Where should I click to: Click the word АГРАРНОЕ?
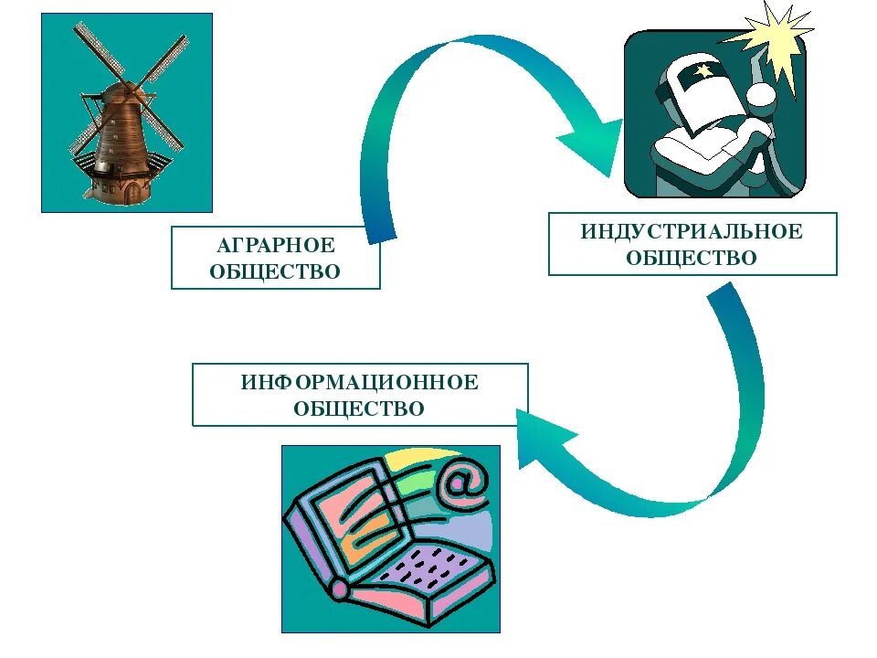point(275,246)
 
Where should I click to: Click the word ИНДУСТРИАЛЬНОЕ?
point(692,231)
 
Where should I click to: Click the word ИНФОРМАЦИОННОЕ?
point(360,382)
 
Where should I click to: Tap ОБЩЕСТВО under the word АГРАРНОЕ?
point(275,272)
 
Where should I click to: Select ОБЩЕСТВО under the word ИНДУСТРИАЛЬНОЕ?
point(692,259)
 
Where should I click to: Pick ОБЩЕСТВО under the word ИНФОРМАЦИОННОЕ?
point(360,409)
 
